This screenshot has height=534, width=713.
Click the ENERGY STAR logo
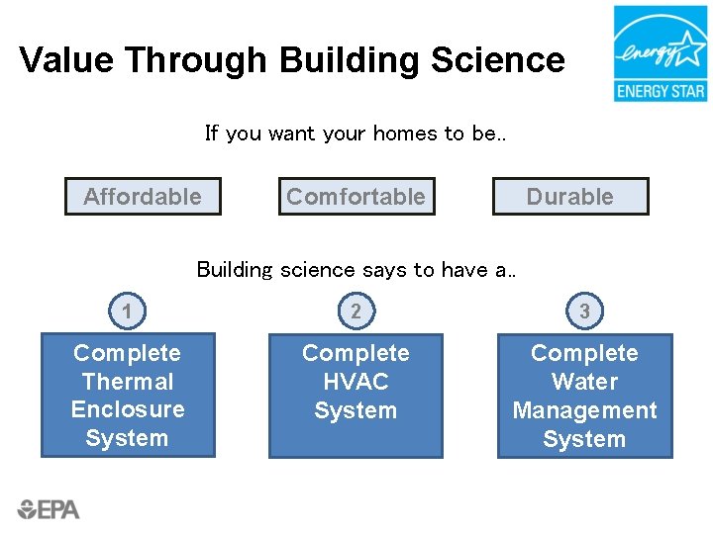click(660, 53)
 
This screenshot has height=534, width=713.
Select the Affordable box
click(143, 197)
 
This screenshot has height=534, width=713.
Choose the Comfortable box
click(356, 197)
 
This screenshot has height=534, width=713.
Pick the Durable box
click(570, 197)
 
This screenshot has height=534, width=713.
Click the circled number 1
click(127, 311)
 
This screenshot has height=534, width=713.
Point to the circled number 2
click(356, 311)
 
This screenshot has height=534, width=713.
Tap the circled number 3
click(585, 311)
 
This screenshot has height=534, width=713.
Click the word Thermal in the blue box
click(128, 382)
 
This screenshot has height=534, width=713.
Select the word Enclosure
click(128, 409)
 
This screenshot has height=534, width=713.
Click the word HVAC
click(356, 382)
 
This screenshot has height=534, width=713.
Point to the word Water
click(585, 382)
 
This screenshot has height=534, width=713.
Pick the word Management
click(585, 410)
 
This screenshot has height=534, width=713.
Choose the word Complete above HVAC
click(356, 353)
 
